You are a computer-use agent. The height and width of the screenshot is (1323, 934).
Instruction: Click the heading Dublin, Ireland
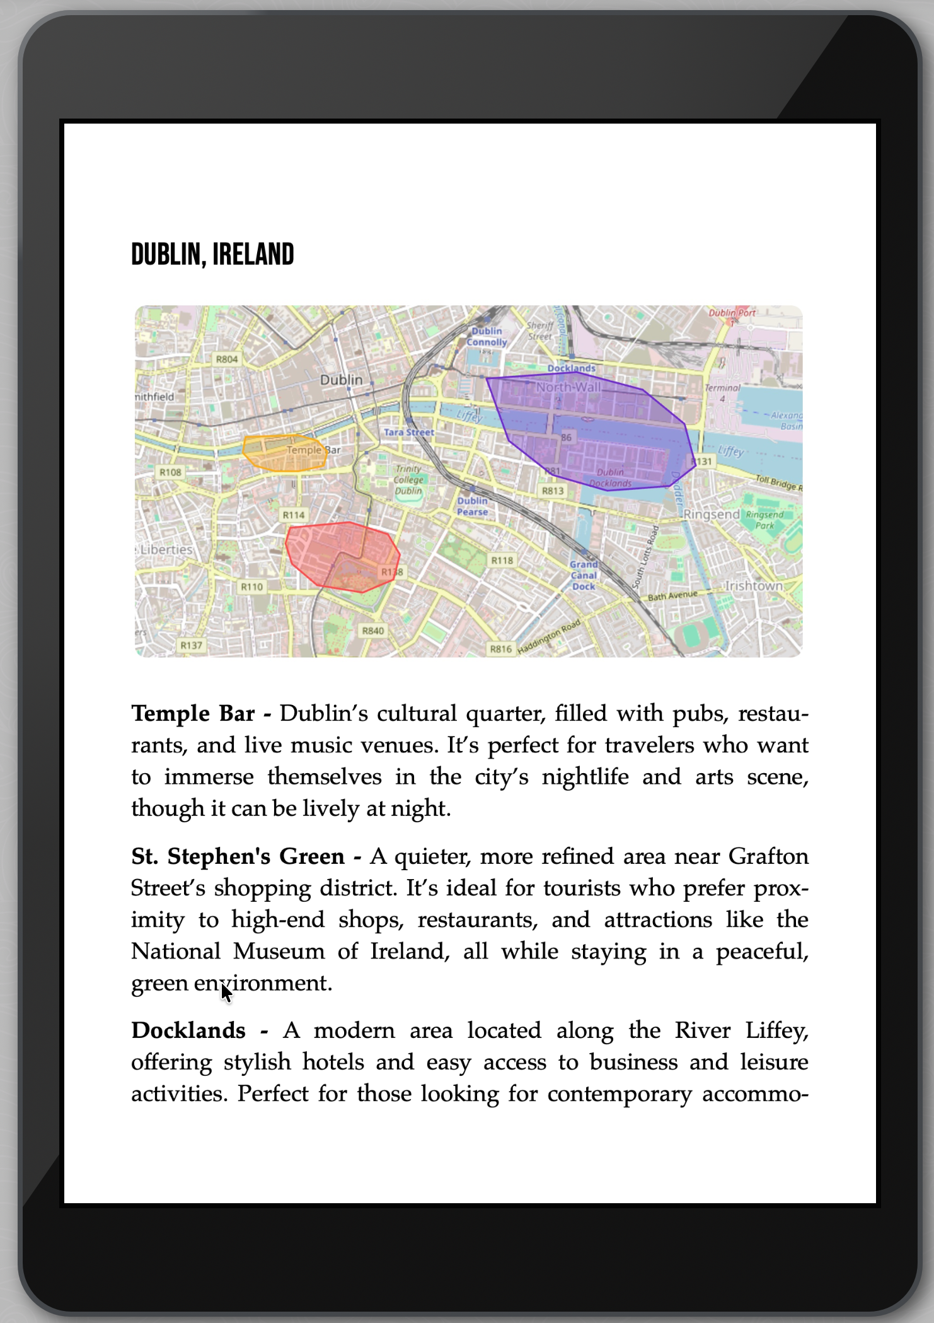[212, 254]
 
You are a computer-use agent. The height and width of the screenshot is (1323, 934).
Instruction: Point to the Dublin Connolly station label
[487, 337]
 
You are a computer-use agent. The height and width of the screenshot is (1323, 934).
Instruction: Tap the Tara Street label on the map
[409, 433]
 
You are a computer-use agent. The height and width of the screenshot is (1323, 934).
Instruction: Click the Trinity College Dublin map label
[408, 480]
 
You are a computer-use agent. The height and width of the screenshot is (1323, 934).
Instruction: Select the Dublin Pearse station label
[473, 506]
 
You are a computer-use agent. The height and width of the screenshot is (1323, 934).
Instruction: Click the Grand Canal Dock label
[584, 575]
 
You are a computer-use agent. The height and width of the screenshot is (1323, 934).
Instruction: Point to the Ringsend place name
[712, 515]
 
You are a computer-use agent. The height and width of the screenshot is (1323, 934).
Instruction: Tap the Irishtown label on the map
[754, 586]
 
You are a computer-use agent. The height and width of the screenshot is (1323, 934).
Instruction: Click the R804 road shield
[227, 359]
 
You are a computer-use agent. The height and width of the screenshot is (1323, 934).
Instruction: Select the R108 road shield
[170, 472]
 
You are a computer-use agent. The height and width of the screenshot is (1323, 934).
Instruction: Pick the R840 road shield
[373, 631]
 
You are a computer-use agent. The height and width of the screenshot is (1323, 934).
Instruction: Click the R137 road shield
[192, 646]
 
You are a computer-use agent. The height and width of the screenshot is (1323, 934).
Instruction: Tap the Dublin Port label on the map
[732, 313]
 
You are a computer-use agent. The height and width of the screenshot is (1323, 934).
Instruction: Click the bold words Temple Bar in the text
[193, 714]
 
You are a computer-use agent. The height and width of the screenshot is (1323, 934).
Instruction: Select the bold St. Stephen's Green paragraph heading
[238, 856]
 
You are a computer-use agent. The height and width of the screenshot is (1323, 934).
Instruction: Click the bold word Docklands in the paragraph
[188, 1030]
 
